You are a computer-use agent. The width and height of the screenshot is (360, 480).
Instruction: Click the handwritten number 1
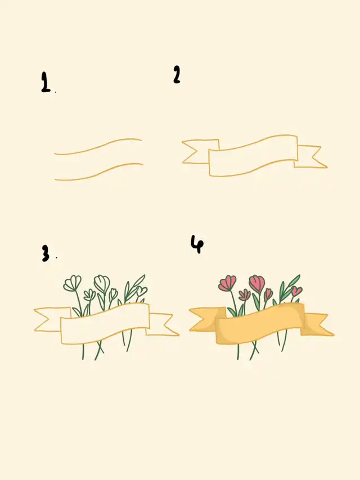coord(46,82)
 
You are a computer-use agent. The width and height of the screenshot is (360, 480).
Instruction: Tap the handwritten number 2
coord(177,74)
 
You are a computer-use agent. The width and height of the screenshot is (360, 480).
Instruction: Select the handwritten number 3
coord(46,253)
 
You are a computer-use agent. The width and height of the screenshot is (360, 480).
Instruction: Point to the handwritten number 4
coord(197,244)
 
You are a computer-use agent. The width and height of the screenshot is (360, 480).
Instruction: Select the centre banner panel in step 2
coord(253,156)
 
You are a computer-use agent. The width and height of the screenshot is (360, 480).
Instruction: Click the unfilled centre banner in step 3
coord(105,323)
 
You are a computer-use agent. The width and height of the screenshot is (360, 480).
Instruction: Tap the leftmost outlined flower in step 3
coord(73,283)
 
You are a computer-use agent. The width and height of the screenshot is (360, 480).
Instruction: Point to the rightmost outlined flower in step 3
coord(142,291)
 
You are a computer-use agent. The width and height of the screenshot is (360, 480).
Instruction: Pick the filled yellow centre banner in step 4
coord(260,323)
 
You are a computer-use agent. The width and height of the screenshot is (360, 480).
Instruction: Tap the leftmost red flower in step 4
coord(227,283)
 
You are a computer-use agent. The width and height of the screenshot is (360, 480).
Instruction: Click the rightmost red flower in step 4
coord(296,291)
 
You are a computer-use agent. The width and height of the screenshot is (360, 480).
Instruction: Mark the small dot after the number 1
coord(56,92)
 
